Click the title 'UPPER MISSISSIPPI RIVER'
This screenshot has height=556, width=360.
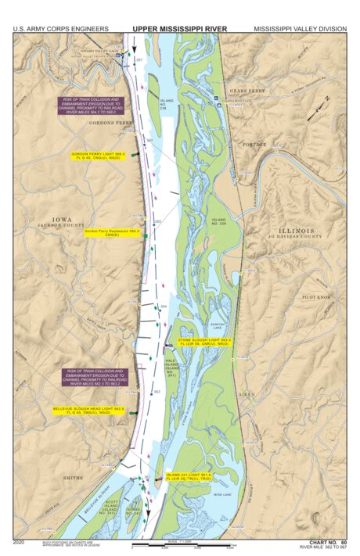[181, 28]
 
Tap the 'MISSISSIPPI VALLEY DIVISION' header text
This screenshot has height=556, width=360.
[299, 28]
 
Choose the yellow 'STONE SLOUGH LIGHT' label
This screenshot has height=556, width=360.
[203, 343]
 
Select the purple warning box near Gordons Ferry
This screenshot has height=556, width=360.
[92, 106]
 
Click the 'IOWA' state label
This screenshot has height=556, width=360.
[61, 219]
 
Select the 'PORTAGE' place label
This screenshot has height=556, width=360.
[255, 145]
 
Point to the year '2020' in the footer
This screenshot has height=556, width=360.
[19, 541]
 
